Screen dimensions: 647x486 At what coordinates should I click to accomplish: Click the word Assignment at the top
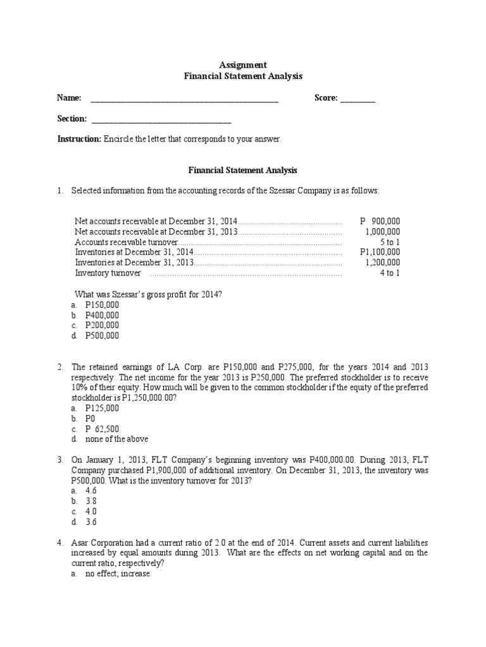pos(243,65)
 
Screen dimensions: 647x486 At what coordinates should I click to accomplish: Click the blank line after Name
pos(185,99)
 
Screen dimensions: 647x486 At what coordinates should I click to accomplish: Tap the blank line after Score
pos(358,99)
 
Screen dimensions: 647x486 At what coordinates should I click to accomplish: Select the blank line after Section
pos(161,120)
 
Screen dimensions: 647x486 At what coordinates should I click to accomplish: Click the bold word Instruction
pos(79,139)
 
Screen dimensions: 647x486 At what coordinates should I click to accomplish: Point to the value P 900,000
pos(380,221)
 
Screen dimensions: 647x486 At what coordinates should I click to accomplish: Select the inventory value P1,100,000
pos(380,252)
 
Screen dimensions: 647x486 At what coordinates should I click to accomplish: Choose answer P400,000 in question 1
pos(102,315)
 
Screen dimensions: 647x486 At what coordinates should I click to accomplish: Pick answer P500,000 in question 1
pos(102,336)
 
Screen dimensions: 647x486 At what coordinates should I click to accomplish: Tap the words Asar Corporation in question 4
pos(103,542)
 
